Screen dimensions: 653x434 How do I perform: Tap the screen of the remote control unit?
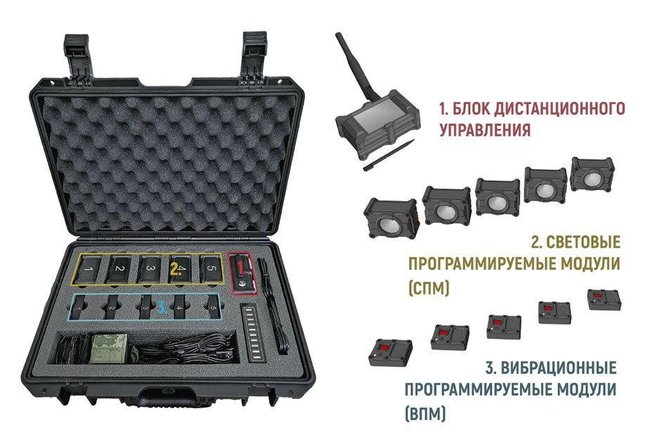[373, 118]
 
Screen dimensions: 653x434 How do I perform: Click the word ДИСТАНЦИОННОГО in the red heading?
[538, 108]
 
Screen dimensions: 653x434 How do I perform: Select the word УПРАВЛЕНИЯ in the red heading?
[485, 129]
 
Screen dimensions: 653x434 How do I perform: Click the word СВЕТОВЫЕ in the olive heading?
[583, 242]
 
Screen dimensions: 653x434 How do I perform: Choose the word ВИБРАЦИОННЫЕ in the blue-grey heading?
[558, 368]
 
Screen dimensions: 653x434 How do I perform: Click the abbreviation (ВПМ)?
[425, 414]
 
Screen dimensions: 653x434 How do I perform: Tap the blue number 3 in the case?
[162, 307]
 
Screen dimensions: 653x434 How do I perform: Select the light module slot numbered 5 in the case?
[211, 268]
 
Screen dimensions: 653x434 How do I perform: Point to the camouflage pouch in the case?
[109, 348]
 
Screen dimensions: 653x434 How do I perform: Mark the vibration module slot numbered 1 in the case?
[78, 307]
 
